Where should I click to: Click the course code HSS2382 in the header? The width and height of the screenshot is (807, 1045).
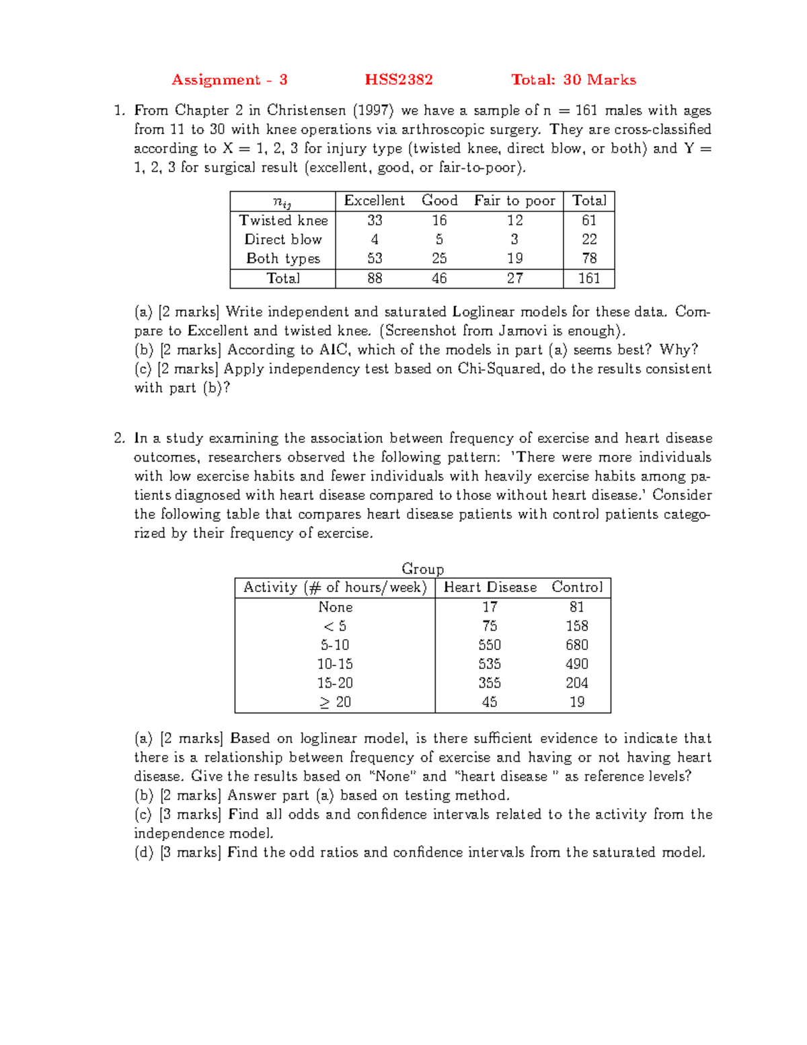tap(399, 80)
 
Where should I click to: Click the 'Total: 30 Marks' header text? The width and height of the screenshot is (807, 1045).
tap(573, 80)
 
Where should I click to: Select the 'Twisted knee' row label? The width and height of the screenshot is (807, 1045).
tap(283, 221)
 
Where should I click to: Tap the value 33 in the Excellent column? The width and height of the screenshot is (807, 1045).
tap(375, 221)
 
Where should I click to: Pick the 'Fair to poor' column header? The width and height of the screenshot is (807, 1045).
tap(514, 201)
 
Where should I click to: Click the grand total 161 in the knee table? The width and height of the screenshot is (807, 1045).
tap(589, 279)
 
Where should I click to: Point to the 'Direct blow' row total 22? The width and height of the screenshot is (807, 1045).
tap(589, 240)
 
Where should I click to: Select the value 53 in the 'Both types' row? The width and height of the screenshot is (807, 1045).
tap(375, 258)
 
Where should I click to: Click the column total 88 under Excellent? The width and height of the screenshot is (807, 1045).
tap(375, 279)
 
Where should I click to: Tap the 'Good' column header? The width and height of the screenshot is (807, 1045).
tap(439, 201)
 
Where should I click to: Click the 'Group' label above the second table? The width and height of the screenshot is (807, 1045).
tap(422, 569)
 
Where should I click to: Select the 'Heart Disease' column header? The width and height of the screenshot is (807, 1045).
tap(490, 587)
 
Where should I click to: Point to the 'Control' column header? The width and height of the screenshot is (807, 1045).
tap(577, 587)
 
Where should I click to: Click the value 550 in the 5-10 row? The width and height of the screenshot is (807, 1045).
tap(490, 645)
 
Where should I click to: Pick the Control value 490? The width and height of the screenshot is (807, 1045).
tap(577, 664)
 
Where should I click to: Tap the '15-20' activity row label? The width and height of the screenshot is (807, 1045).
tap(335, 683)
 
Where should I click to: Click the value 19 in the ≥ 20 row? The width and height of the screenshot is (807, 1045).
tap(577, 702)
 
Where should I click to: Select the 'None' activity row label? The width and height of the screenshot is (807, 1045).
tap(335, 607)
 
